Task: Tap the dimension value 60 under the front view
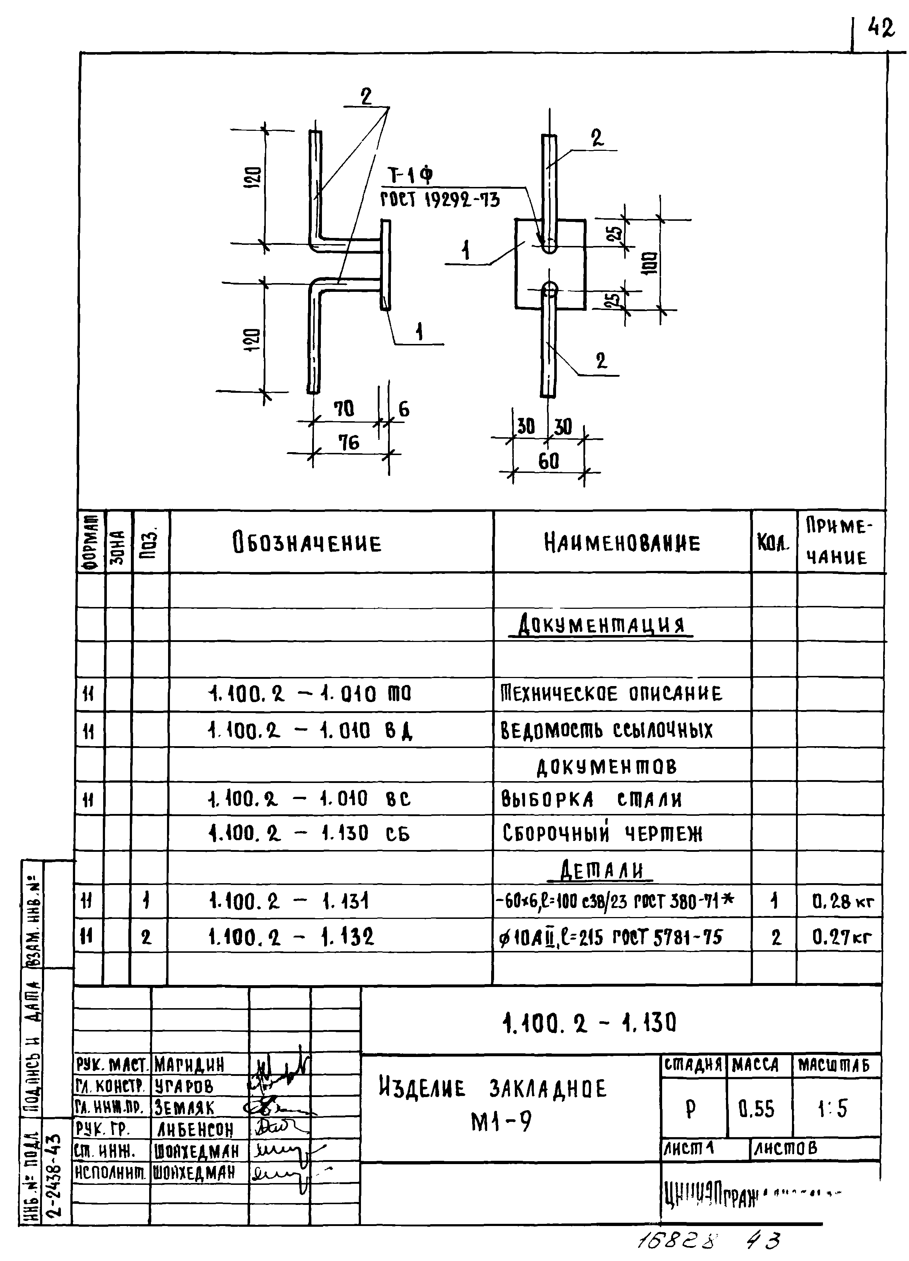[548, 461]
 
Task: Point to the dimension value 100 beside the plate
[649, 263]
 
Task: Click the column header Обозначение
[307, 543]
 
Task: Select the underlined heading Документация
[601, 626]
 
